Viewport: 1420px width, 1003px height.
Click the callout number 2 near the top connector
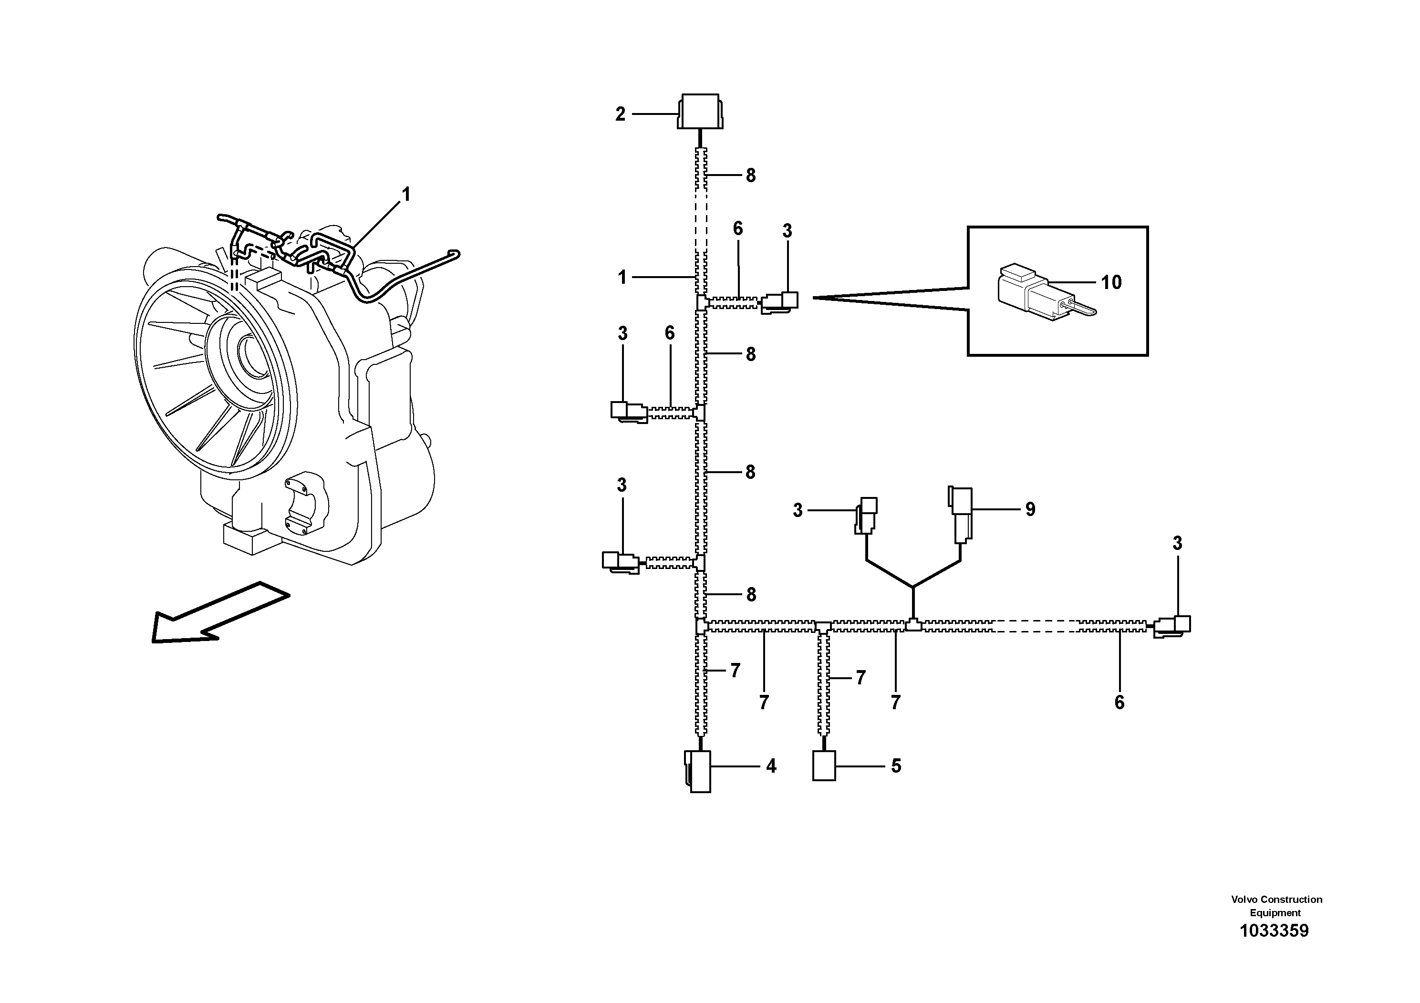point(620,114)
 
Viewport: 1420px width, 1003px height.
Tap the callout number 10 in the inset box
point(1111,283)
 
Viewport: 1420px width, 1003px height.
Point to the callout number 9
point(1030,509)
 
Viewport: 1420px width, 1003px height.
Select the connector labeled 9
point(960,513)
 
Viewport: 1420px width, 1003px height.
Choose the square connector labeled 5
point(824,765)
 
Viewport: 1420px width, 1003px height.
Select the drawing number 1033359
point(1274,949)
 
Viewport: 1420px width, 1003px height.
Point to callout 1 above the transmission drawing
point(406,195)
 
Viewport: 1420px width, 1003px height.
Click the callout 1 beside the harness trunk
point(622,278)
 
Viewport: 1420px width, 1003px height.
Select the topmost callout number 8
point(750,176)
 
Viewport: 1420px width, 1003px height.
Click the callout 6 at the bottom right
point(1119,703)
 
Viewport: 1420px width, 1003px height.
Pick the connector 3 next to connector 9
point(866,515)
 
